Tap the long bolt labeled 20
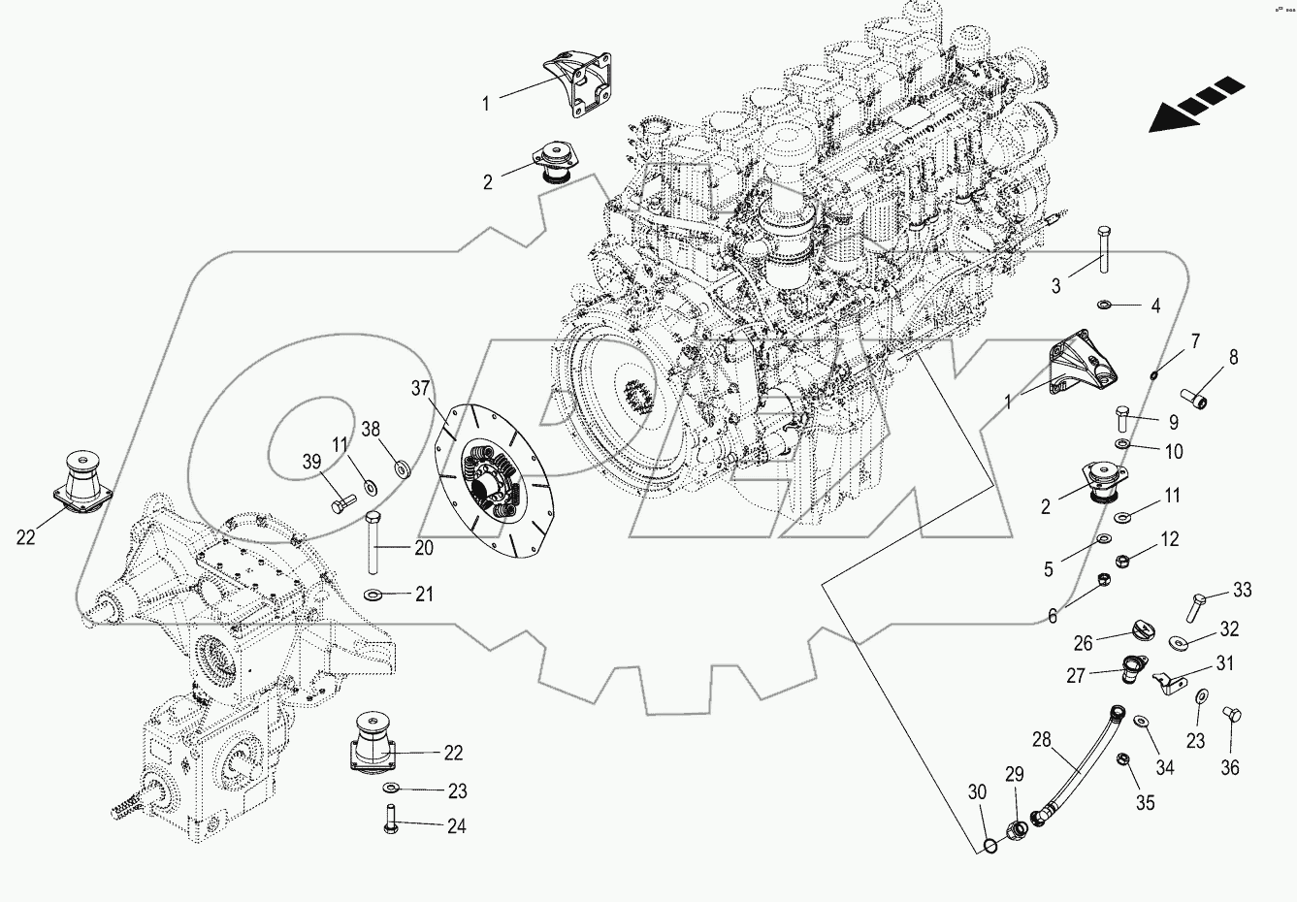(x=373, y=543)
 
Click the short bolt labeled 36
(x=1232, y=716)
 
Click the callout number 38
(x=372, y=429)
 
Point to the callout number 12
(x=1170, y=539)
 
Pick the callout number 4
(x=1155, y=306)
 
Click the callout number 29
(x=1014, y=774)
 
